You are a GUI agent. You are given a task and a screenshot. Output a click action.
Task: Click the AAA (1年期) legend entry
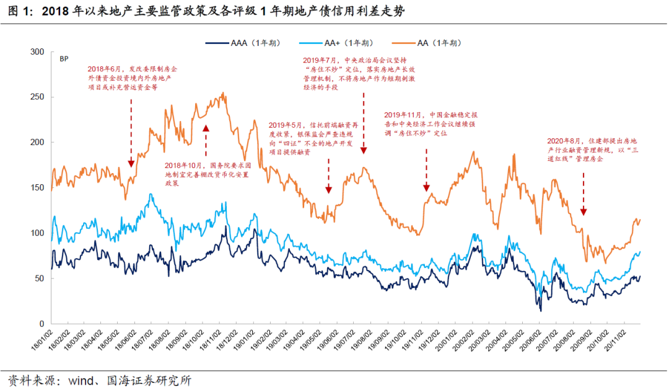tap(242, 43)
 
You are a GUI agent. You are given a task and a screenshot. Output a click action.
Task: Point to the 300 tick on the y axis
tap(38, 52)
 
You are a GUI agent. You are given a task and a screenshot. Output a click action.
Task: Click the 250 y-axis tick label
tap(38, 97)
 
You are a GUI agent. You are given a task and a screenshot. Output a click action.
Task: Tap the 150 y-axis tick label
tap(38, 188)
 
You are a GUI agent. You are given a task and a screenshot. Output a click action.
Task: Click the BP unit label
tap(63, 60)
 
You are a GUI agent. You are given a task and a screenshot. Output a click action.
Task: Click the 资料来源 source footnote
tap(99, 378)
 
